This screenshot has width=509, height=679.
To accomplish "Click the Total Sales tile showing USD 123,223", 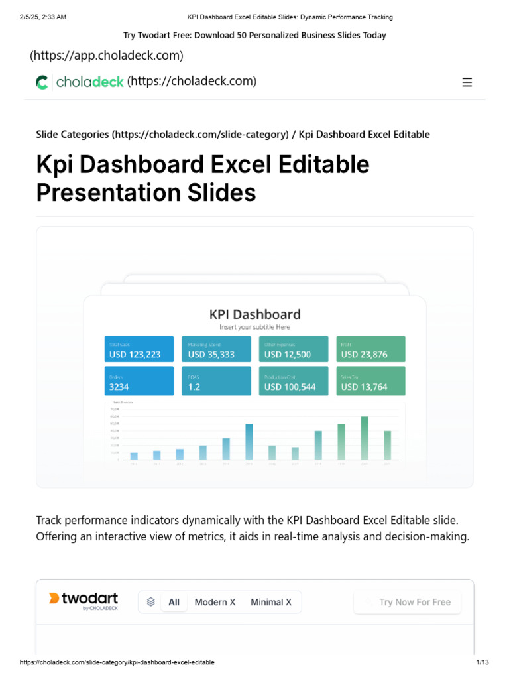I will (139, 349).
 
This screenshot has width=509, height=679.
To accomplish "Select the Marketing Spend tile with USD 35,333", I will (216, 349).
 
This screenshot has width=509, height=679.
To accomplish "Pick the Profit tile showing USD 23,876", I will (370, 349).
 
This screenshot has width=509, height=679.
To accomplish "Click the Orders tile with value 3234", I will (139, 381).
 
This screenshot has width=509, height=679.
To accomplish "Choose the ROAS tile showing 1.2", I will (216, 381).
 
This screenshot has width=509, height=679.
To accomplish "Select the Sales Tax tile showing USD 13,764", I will (370, 381).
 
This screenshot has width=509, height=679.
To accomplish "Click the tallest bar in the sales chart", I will (364, 438).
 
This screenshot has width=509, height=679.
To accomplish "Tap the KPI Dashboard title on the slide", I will (254, 314).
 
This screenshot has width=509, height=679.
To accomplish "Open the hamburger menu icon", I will (467, 82).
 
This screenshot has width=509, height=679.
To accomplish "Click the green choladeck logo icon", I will (42, 82).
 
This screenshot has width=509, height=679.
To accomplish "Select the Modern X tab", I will (215, 602).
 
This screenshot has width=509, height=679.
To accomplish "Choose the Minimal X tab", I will (271, 602).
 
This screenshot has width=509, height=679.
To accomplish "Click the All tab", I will (174, 602).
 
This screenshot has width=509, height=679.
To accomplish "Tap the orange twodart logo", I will (54, 599).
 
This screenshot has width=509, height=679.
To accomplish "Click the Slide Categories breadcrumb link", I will (72, 135).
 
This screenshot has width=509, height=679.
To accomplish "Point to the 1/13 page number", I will (482, 662).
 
